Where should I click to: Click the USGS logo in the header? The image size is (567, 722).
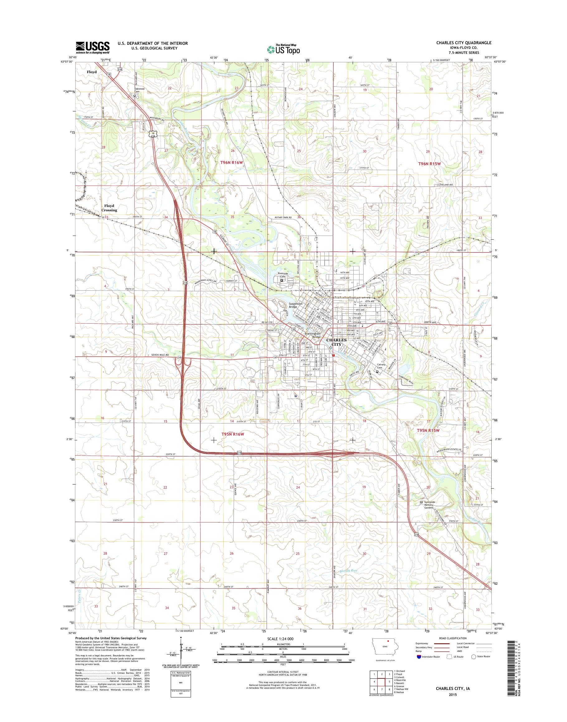[x=93, y=47]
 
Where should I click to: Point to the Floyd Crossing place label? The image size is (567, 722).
[x=109, y=208]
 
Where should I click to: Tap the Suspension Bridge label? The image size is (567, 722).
[x=295, y=305]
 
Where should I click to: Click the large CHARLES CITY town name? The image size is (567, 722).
[x=336, y=342]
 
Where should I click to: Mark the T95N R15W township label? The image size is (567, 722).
[x=428, y=430]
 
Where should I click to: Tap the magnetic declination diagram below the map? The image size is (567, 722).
[x=181, y=658]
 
